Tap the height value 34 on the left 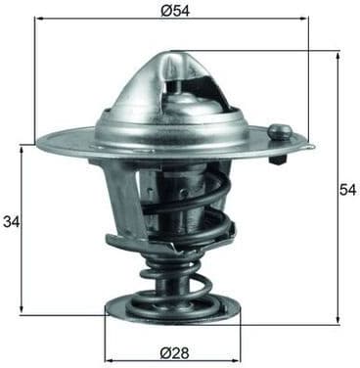(11, 223)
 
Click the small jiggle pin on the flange (280, 131)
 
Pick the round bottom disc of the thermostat (172, 313)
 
